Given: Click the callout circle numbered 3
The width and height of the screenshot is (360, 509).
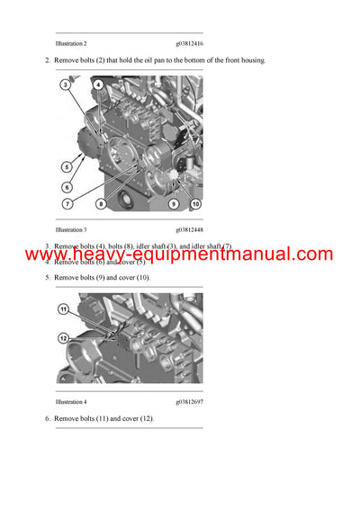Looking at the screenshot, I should click(66, 85).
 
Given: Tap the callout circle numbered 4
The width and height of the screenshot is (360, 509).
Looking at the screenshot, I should click(97, 85).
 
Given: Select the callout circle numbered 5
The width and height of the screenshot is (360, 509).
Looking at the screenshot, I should click(66, 166).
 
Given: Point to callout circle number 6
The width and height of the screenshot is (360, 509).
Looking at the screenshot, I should click(66, 187).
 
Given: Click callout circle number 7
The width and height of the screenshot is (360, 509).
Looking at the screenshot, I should click(66, 204).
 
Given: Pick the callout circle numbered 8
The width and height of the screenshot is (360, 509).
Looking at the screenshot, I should click(101, 204).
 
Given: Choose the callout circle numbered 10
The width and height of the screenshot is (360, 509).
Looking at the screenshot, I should click(195, 204).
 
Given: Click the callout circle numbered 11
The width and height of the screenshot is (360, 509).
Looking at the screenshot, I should click(64, 308).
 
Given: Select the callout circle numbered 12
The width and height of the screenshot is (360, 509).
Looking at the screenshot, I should click(64, 338).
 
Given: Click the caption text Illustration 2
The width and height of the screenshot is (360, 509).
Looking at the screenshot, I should click(71, 43).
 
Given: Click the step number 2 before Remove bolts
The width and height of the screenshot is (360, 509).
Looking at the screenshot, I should click(47, 60).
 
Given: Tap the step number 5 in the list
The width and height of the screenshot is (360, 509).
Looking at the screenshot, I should click(47, 278).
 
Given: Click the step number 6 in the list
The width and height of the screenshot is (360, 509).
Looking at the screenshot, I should click(47, 419).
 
